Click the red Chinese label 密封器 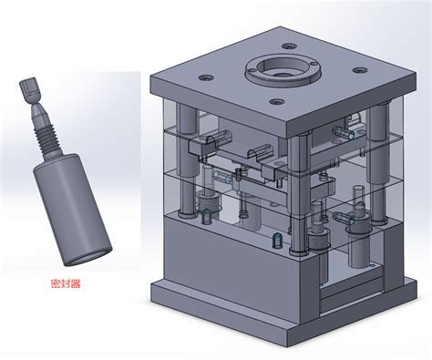pyautogui.click(x=66, y=283)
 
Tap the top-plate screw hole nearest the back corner pyautogui.click(x=289, y=46)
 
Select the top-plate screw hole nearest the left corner pyautogui.click(x=206, y=77)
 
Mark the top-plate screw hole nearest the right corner pyautogui.click(x=360, y=70)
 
